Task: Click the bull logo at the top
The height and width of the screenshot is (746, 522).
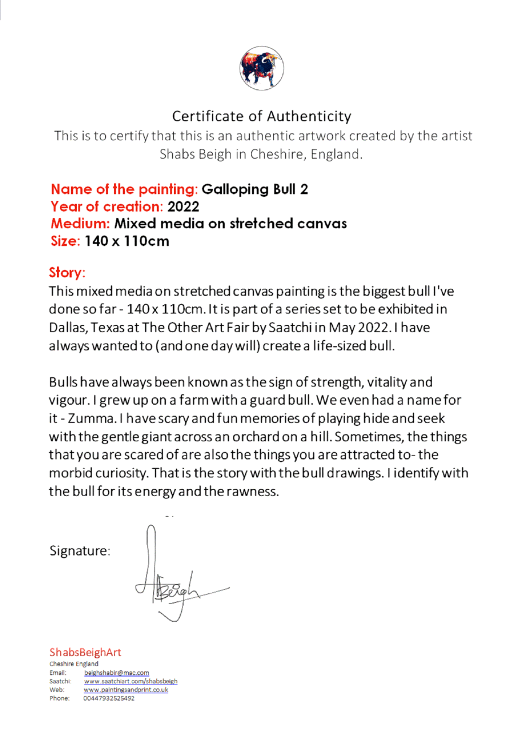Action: pyautogui.click(x=261, y=68)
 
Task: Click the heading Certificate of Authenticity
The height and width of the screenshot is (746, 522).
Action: pyautogui.click(x=261, y=116)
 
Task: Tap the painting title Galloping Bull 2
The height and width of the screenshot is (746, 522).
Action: pyautogui.click(x=255, y=189)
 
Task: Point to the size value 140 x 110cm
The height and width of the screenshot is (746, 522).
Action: pyautogui.click(x=127, y=241)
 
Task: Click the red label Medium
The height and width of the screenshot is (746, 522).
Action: pyautogui.click(x=81, y=224)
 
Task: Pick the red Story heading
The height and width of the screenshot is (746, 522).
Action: pyautogui.click(x=67, y=272)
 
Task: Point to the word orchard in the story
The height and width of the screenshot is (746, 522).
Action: pyautogui.click(x=273, y=437)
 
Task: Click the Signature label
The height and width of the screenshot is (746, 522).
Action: pyautogui.click(x=80, y=551)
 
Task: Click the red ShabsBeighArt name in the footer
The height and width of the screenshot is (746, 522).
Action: pyautogui.click(x=85, y=652)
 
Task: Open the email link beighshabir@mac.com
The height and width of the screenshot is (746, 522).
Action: pyautogui.click(x=116, y=673)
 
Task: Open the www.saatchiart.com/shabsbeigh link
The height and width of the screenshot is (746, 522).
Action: pyautogui.click(x=130, y=682)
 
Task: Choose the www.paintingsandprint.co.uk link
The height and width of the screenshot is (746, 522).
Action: pyautogui.click(x=125, y=690)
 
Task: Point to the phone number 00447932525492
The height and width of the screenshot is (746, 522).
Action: pyautogui.click(x=109, y=699)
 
